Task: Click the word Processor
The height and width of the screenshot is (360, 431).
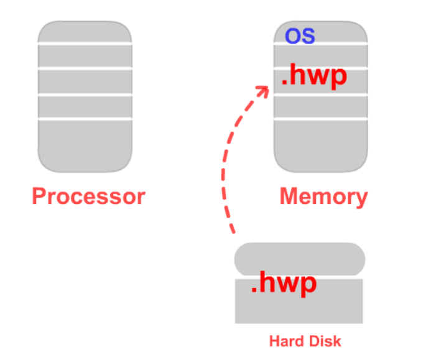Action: click(x=88, y=196)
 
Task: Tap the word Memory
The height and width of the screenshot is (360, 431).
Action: click(x=323, y=196)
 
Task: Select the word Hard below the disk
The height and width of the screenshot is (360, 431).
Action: click(x=284, y=341)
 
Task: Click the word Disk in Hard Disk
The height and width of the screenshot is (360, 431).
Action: click(x=327, y=341)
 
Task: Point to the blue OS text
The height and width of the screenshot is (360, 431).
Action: click(x=300, y=35)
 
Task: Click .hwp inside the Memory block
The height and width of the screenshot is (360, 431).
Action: click(x=313, y=77)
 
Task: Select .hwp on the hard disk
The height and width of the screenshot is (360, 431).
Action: click(x=283, y=284)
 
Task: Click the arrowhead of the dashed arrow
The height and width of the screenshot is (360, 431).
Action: click(x=262, y=91)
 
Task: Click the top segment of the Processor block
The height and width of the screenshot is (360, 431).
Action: click(x=85, y=32)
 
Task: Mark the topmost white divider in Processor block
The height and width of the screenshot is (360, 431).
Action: click(x=85, y=43)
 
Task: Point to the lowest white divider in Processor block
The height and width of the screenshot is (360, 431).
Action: click(x=85, y=119)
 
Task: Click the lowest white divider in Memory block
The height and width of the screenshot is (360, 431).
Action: click(x=321, y=119)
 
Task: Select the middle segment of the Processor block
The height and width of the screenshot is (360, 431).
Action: click(x=85, y=81)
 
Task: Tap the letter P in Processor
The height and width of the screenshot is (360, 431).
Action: click(x=40, y=196)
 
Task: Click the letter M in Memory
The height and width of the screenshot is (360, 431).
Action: click(x=289, y=196)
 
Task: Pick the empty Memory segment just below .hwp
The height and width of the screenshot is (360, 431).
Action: click(x=321, y=106)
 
